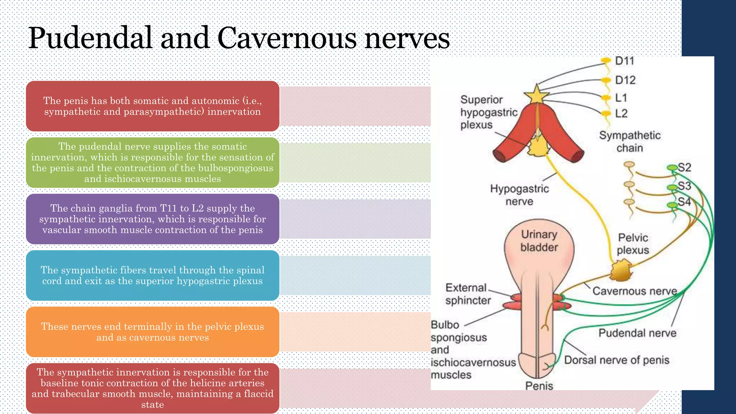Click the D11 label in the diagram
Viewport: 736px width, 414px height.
624,61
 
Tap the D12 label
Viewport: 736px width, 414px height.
625,80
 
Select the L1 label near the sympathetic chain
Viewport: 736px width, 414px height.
621,97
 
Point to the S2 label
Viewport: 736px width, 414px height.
684,167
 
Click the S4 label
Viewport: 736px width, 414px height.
684,202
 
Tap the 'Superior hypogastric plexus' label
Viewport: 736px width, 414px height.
488,112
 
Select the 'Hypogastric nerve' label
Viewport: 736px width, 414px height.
519,195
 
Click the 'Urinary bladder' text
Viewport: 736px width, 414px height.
539,241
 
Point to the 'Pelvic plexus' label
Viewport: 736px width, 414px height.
633,244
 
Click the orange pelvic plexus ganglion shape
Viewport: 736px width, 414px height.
621,271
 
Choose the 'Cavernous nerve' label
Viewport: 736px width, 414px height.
635,291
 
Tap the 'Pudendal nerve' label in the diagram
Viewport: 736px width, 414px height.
637,333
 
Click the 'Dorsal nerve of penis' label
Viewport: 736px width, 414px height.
617,360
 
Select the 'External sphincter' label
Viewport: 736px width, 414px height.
468,294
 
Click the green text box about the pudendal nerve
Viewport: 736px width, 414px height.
153,162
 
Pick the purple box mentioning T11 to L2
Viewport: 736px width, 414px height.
153,219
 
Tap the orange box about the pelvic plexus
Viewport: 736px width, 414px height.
153,332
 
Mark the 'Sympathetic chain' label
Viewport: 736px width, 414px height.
630,142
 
